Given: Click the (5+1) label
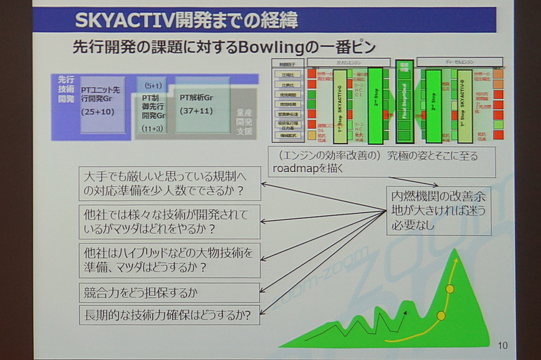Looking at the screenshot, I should click(151, 85).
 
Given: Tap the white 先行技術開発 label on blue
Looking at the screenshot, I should click(66, 89).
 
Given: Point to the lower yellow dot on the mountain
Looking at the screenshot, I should click(441, 315).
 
